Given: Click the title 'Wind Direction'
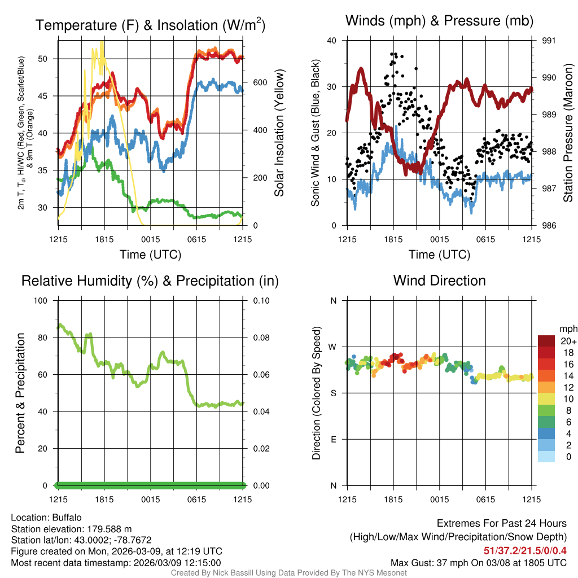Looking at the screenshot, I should (439, 281).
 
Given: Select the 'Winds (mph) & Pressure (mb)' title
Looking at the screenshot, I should (439, 21).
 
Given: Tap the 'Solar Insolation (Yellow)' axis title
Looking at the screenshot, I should (279, 133).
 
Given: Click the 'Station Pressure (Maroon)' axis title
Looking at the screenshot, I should (568, 133).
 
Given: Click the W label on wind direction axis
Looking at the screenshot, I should (333, 347).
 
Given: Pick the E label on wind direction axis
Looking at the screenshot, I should (334, 439).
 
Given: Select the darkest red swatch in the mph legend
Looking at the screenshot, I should (546, 341).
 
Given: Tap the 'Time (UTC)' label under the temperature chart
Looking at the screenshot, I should (151, 255).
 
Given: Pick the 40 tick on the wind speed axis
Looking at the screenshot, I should (332, 41).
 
